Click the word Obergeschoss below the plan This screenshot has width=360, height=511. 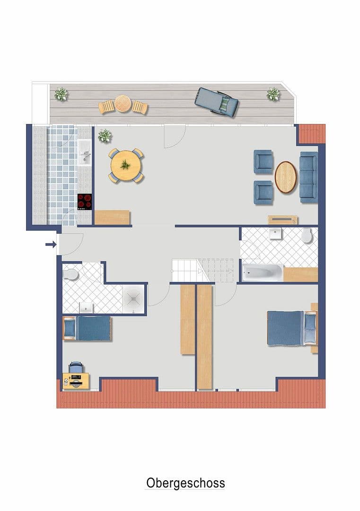tap(185, 483)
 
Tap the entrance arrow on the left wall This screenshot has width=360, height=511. tap(51, 244)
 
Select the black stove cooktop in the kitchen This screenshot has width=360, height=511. tap(84, 202)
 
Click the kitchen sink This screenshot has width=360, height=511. tap(85, 153)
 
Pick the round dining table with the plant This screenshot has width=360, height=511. tap(126, 165)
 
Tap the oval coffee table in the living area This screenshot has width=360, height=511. tap(286, 177)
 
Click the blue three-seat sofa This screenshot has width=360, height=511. tap(308, 177)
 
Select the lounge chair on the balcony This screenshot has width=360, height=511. tap(216, 102)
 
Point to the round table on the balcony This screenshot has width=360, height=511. tap(123, 104)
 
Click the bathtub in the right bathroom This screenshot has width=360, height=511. tap(263, 273)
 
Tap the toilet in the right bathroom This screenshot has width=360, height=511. tap(307, 235)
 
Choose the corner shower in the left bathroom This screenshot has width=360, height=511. tap(133, 299)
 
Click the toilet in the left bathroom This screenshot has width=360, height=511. tap(70, 274)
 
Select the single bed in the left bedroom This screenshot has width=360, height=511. tap(88, 328)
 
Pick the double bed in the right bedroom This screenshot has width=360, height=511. tap(292, 328)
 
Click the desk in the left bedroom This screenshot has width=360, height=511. tap(76, 380)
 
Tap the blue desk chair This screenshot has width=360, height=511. tap(75, 368)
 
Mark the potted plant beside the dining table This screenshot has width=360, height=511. tap(105, 136)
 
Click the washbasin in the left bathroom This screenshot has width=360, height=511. tap(86, 308)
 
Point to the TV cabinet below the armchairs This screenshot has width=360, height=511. tap(283, 220)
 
